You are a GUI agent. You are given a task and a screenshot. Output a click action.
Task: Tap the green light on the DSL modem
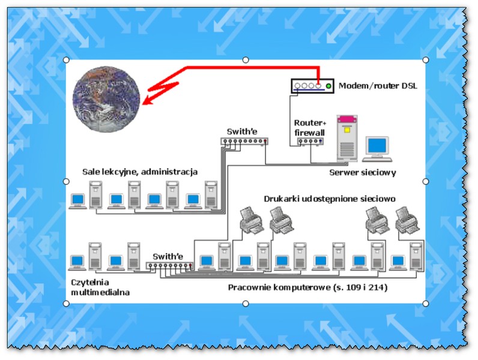point(328,86)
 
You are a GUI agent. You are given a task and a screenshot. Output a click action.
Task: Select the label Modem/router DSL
point(377,86)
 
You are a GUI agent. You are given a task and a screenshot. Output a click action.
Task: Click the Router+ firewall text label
point(309,127)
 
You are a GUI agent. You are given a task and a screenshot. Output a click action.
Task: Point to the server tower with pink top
point(346,137)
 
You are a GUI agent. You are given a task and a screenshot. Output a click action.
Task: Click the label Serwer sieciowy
point(363,173)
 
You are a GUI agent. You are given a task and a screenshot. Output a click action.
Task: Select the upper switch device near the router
point(243,142)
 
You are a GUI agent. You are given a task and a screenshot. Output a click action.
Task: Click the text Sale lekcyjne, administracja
point(140,172)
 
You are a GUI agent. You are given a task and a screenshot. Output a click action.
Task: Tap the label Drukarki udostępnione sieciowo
point(329,198)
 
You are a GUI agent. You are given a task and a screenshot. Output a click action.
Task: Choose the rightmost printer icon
point(408,220)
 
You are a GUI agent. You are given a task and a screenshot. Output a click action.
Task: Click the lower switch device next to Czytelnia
point(166,265)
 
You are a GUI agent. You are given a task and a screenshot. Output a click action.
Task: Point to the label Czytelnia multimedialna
point(99,287)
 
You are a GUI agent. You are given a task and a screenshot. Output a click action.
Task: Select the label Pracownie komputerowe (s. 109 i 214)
point(307,287)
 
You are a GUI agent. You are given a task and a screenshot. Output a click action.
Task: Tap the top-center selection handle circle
point(245,60)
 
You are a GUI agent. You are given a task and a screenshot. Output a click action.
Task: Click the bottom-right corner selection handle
point(426,304)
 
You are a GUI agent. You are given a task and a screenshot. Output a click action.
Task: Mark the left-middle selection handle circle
point(66,181)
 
